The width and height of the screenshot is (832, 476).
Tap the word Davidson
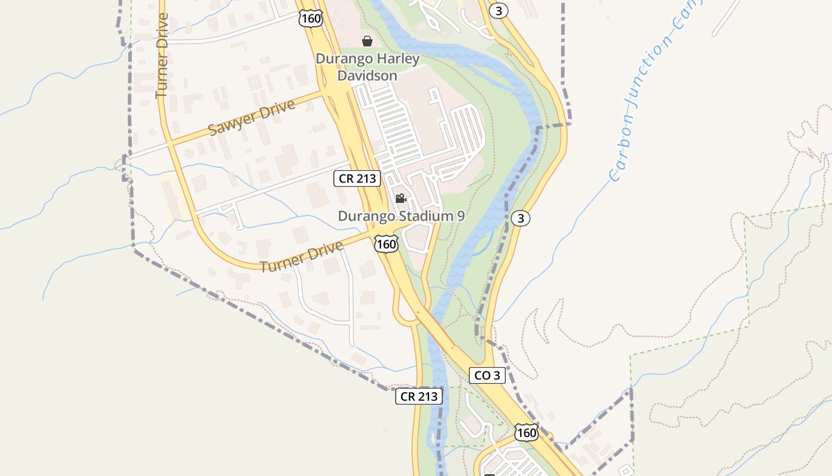point(367,76)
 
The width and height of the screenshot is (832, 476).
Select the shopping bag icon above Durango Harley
point(367,41)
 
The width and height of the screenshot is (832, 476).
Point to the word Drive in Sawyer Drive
point(278,109)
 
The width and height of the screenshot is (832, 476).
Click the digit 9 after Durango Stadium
point(461,216)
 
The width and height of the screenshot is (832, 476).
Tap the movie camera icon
point(401,198)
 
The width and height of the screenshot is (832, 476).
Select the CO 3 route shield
point(487,375)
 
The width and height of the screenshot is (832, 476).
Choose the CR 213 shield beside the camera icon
point(357,178)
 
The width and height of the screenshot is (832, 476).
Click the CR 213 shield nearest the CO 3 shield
point(419,396)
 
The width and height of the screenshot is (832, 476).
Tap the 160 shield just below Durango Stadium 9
point(386,243)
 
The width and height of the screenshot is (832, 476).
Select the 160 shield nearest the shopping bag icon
point(311,18)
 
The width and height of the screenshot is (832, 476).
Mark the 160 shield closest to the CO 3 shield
point(527,433)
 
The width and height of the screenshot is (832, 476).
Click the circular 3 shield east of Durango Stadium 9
point(521,218)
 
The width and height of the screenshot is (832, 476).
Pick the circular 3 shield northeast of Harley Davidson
point(499,11)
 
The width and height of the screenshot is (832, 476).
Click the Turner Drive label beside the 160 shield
point(302,256)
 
